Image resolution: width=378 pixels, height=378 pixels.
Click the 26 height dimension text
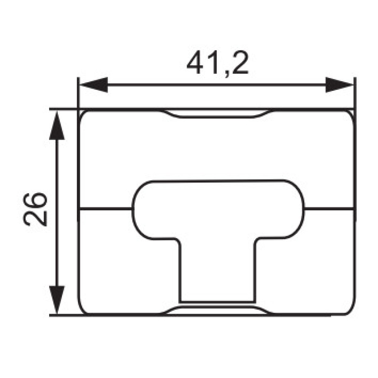pos(34,209)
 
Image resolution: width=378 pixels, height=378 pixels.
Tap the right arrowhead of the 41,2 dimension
pos(339,85)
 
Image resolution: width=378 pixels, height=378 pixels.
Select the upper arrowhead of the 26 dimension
pos(57,125)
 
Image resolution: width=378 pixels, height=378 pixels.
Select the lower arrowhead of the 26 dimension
pos(57,300)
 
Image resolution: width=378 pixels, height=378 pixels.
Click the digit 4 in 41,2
pos(196,62)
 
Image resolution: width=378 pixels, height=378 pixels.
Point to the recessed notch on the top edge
pos(217,114)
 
